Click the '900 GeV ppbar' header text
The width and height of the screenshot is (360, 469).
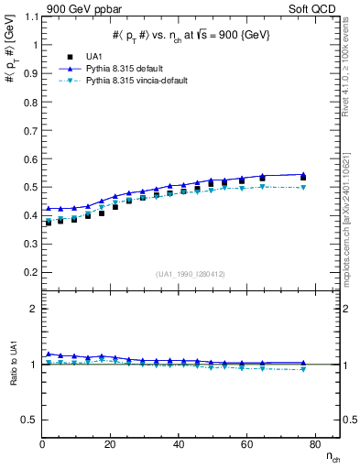[79, 8]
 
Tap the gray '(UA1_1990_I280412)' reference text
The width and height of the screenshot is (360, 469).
[190, 274]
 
